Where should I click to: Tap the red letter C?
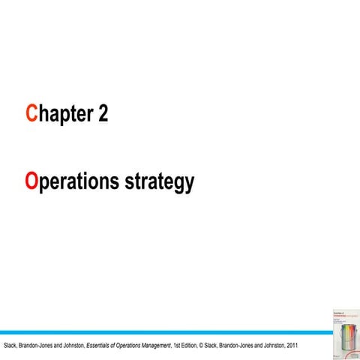coord(31,114)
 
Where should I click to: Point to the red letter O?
coord(31,181)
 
